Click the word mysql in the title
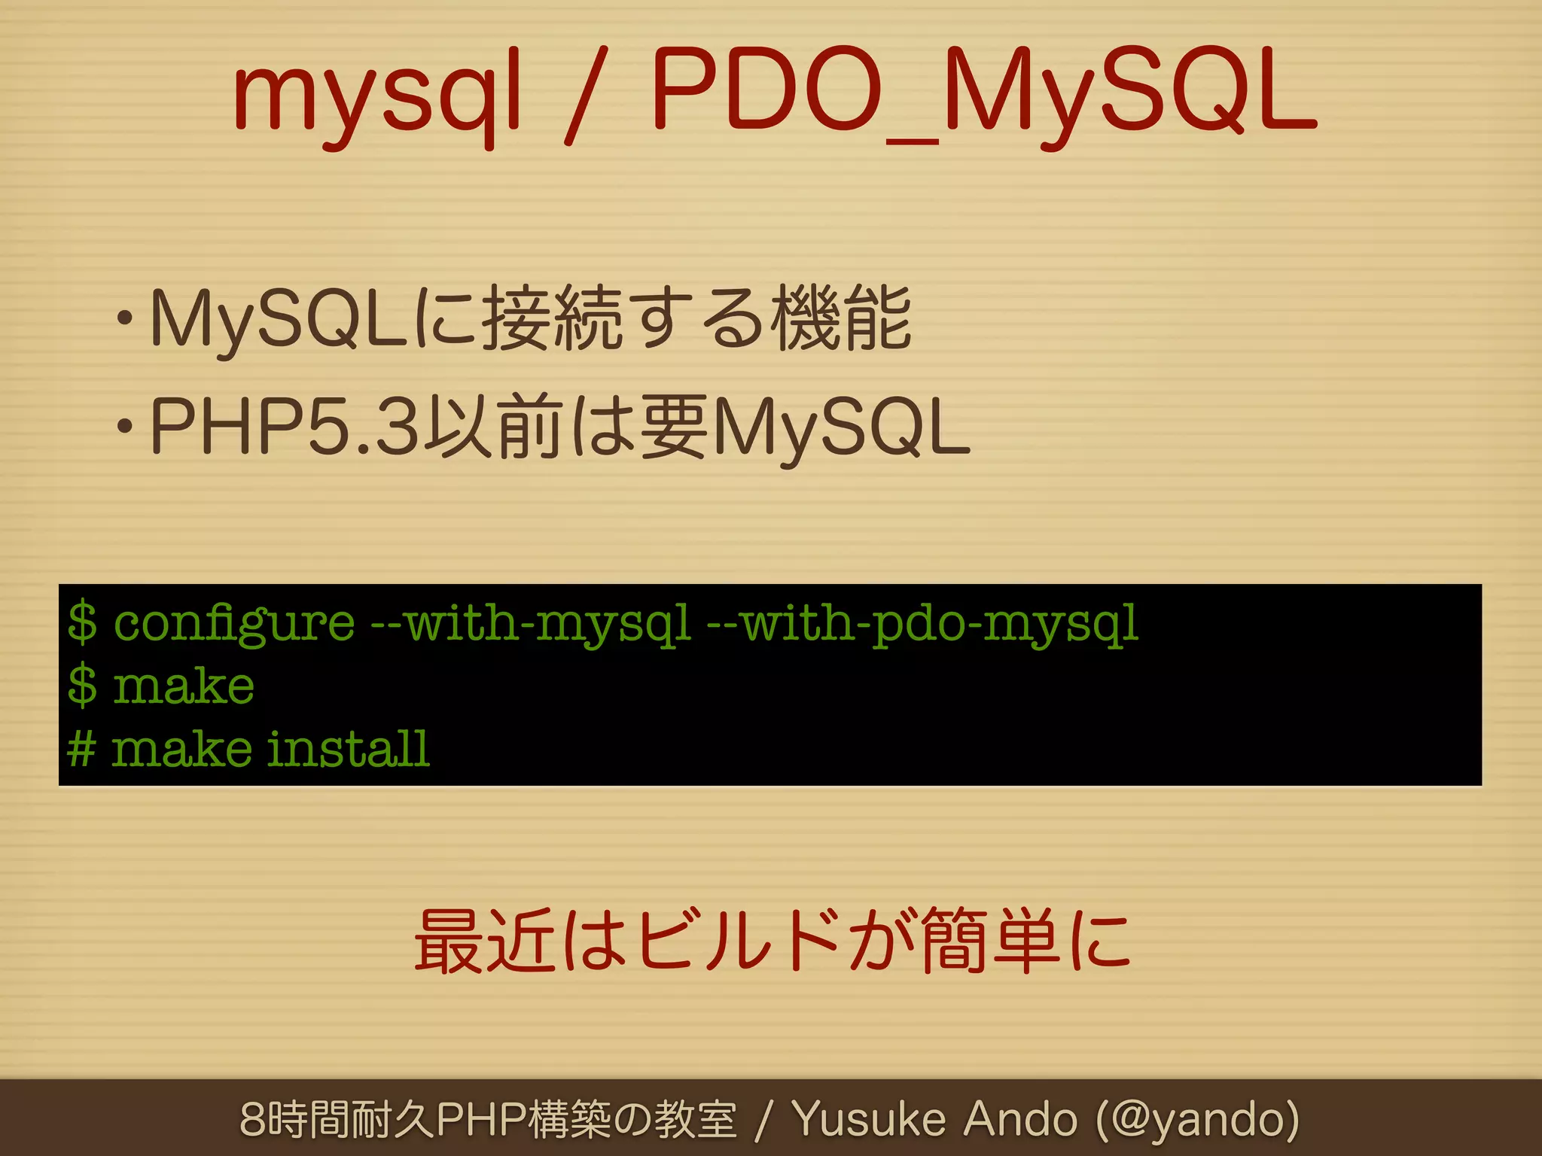(376, 94)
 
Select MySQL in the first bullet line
(279, 320)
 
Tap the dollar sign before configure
(82, 623)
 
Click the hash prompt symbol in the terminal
(81, 750)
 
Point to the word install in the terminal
(349, 750)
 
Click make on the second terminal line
(183, 686)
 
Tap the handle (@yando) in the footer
(1197, 1120)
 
